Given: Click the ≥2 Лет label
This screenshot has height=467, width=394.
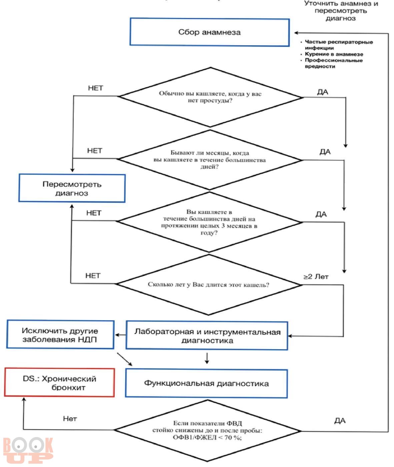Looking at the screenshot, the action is (x=316, y=277).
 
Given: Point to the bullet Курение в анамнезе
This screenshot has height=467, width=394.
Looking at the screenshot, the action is (x=334, y=54).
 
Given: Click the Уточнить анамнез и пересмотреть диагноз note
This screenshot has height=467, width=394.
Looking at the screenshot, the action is (x=341, y=11).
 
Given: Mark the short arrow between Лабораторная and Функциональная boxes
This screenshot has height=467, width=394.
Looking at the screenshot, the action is (x=207, y=358).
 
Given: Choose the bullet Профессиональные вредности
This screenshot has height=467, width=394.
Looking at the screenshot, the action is (x=334, y=63).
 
